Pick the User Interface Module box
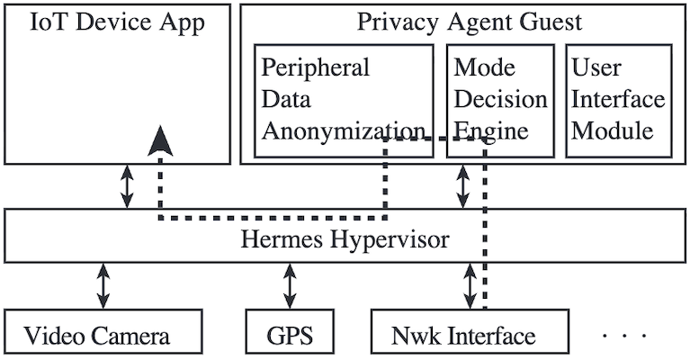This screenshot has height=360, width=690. [x=618, y=99]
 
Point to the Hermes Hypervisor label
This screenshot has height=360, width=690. [x=345, y=240]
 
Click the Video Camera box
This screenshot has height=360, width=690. [x=97, y=337]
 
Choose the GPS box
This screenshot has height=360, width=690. [x=289, y=337]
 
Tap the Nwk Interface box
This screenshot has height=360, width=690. [x=469, y=337]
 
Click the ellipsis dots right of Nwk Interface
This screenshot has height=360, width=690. [x=624, y=336]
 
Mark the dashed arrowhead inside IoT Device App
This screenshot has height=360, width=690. [x=160, y=141]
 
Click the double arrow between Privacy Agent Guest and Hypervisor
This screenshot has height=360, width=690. [x=463, y=186]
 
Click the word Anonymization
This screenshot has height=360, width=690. [x=343, y=131]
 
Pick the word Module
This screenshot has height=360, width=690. [x=612, y=131]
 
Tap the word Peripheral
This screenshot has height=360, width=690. [x=316, y=68]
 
